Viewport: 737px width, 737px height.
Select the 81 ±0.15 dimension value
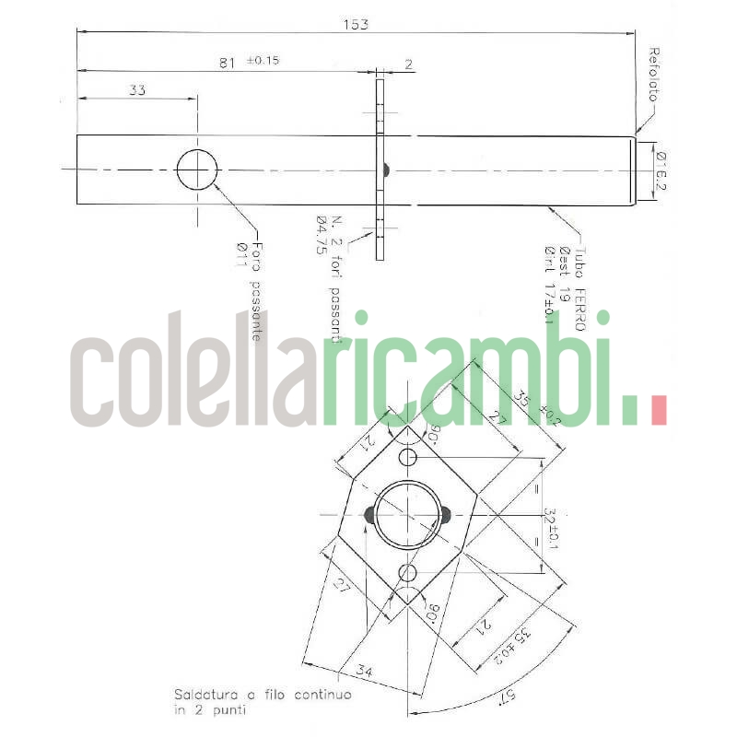tap(252, 62)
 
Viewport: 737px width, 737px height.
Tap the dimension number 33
tap(137, 90)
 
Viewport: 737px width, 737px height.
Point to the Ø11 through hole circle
tap(196, 170)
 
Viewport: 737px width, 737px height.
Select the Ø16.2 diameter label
tap(661, 170)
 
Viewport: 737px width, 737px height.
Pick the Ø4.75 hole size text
tap(322, 234)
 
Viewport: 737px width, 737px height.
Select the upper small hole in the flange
tap(407, 458)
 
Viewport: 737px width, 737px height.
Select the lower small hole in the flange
tap(407, 573)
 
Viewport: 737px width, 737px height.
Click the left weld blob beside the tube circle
tap(369, 515)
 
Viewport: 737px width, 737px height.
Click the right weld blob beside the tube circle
tap(445, 515)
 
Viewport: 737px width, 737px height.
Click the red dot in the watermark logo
tap(658, 409)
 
